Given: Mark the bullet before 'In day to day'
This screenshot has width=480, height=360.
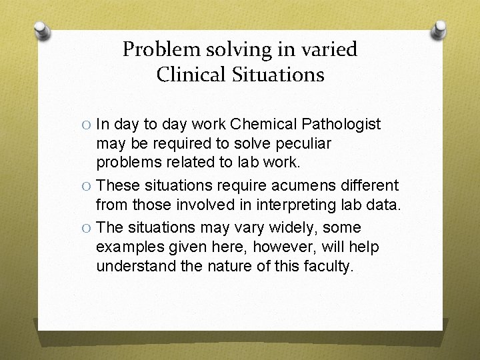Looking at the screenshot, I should pyautogui.click(x=87, y=125).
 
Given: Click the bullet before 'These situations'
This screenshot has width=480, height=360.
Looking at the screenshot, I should pyautogui.click(x=87, y=186).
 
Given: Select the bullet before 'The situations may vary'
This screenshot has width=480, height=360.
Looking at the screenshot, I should pyautogui.click(x=87, y=228).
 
